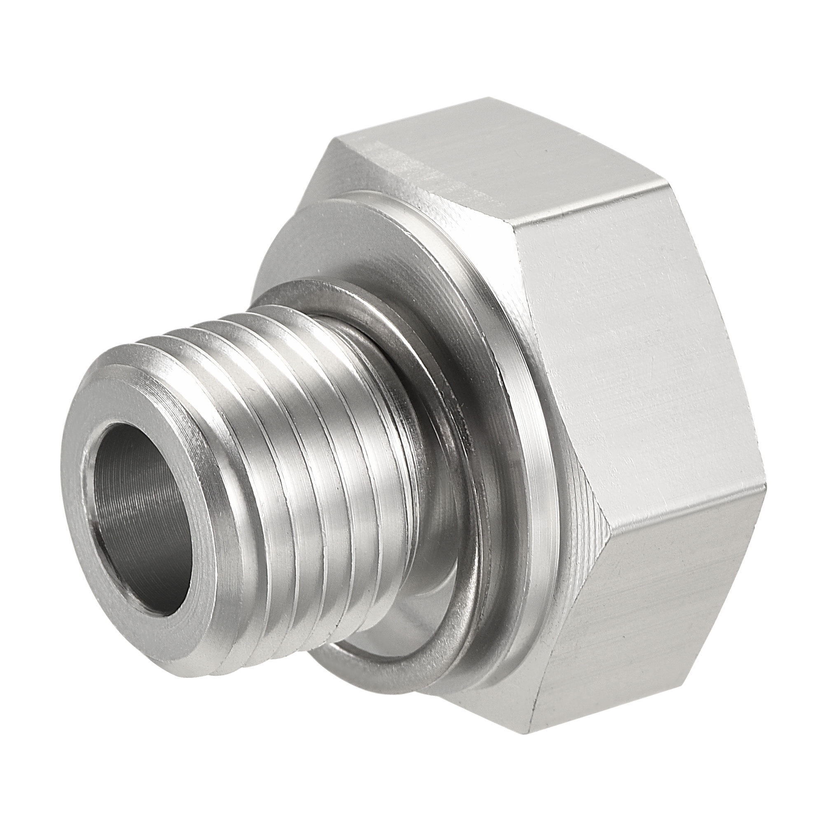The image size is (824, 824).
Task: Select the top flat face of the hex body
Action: pos(490,149)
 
